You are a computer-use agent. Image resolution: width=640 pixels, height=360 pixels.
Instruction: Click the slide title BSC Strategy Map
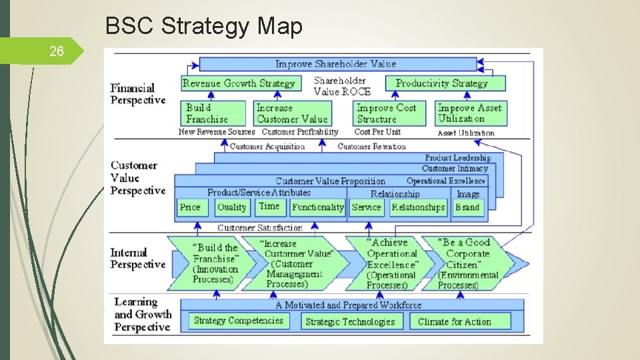click(x=204, y=26)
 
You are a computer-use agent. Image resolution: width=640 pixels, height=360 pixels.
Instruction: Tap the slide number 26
click(x=57, y=51)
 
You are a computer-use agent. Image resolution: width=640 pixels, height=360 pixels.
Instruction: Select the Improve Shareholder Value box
click(x=336, y=64)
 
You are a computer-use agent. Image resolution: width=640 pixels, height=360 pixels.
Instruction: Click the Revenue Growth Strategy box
click(x=239, y=83)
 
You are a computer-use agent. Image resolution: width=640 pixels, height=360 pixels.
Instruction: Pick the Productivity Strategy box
click(x=442, y=83)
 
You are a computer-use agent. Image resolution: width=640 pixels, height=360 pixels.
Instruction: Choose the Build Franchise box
click(x=213, y=113)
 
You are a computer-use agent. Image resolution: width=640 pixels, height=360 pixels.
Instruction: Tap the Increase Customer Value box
click(x=292, y=113)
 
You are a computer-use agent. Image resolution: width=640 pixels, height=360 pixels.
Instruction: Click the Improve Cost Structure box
click(x=389, y=113)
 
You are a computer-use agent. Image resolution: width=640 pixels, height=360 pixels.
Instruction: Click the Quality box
click(x=231, y=207)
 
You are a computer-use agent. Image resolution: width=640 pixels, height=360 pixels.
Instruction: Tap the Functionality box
click(x=317, y=207)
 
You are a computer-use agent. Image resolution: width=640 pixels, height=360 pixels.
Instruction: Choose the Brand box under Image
click(x=467, y=207)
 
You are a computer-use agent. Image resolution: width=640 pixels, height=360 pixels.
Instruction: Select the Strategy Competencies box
click(x=238, y=321)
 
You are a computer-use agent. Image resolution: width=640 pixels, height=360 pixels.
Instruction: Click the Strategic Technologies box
click(x=350, y=321)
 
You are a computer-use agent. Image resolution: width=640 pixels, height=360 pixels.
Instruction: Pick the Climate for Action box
click(x=454, y=321)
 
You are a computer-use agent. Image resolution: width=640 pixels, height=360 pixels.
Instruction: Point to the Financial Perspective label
click(x=138, y=94)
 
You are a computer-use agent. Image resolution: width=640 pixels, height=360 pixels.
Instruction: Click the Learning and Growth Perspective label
click(x=143, y=315)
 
